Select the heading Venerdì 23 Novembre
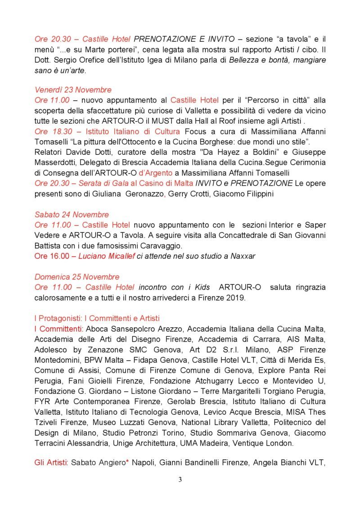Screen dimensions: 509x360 point(73,89)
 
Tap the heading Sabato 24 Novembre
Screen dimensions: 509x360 point(72,214)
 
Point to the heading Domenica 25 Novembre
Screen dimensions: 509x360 point(77,277)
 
